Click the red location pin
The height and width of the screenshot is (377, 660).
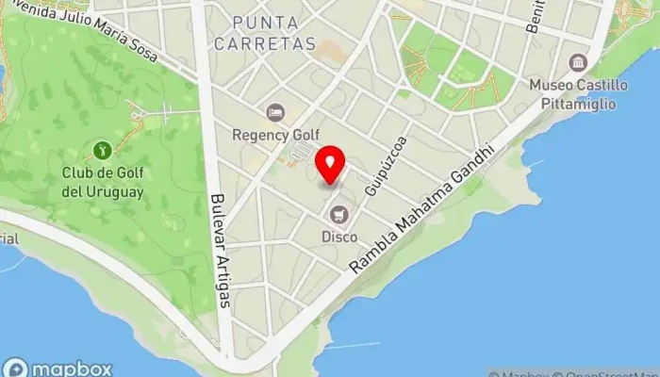pyautogui.click(x=330, y=165)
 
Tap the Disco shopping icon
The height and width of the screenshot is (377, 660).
pyautogui.click(x=339, y=217)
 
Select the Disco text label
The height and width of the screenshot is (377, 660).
pyautogui.click(x=339, y=238)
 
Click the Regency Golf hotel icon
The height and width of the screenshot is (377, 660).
pyautogui.click(x=274, y=113)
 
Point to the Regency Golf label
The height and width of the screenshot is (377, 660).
pyautogui.click(x=277, y=135)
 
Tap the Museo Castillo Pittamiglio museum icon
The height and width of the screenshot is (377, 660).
pyautogui.click(x=577, y=63)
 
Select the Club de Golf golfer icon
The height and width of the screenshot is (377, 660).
pyautogui.click(x=102, y=149)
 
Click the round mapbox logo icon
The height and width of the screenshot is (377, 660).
pyautogui.click(x=16, y=369)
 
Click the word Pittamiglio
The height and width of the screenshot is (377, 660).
pyautogui.click(x=590, y=101)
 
